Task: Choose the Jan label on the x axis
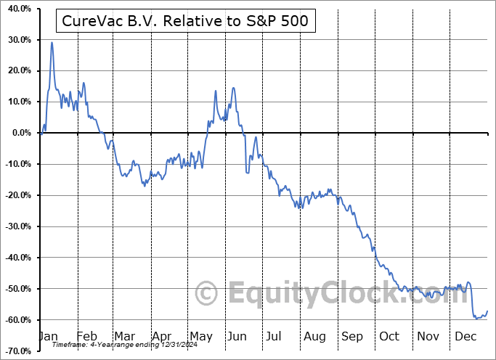(49, 337)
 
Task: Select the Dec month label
(465, 337)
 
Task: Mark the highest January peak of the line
(52, 43)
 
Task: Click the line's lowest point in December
(476, 318)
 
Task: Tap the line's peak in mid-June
(233, 88)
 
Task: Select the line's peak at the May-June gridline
(216, 91)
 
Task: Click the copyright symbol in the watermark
(207, 295)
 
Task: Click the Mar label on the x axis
(124, 337)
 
